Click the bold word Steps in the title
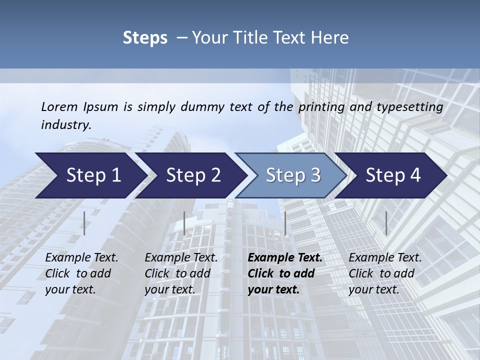(145, 38)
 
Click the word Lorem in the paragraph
(59, 107)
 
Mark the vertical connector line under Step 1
(84, 223)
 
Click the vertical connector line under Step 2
(184, 223)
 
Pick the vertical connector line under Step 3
(285, 223)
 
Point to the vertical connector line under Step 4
(386, 223)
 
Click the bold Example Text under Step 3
(285, 258)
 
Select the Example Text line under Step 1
(81, 258)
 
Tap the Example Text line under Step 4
(385, 258)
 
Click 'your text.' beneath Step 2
(170, 289)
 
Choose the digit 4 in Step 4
(414, 175)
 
